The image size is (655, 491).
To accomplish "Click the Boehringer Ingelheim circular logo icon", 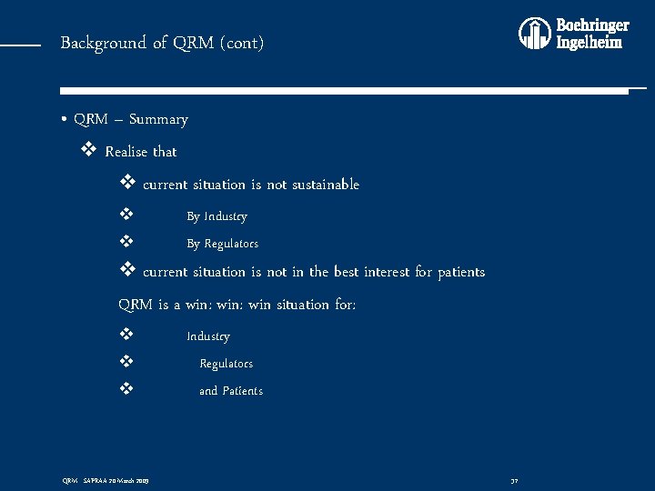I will pyautogui.click(x=535, y=34).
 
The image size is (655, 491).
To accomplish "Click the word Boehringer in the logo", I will pyautogui.click(x=592, y=25).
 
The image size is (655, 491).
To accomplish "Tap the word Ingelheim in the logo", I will pyautogui.click(x=589, y=43).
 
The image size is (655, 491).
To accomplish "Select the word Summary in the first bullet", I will pyautogui.click(x=158, y=119).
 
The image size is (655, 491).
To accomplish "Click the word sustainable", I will pyautogui.click(x=325, y=185).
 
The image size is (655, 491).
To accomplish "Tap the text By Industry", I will pyautogui.click(x=217, y=216).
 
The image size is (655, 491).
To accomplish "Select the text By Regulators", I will pyautogui.click(x=222, y=244).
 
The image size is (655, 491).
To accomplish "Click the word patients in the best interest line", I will pyautogui.click(x=461, y=272).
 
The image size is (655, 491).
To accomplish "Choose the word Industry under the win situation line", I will pyautogui.click(x=208, y=336).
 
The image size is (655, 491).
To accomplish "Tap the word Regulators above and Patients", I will pyautogui.click(x=226, y=364).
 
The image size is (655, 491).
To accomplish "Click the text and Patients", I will pyautogui.click(x=231, y=391).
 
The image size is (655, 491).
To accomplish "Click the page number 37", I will pyautogui.click(x=514, y=480).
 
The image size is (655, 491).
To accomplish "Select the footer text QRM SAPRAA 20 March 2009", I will pyautogui.click(x=105, y=480).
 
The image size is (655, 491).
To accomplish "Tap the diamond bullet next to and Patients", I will pyautogui.click(x=127, y=390).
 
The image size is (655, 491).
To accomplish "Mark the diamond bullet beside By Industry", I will pyautogui.click(x=127, y=215).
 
